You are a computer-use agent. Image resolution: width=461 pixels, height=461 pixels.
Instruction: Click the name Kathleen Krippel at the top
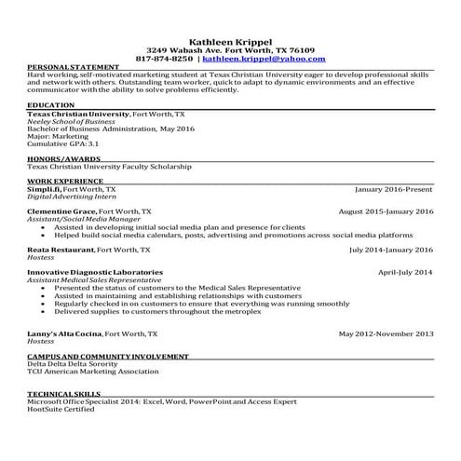(230, 42)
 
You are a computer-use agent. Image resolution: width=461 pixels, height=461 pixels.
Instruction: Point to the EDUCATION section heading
(51, 106)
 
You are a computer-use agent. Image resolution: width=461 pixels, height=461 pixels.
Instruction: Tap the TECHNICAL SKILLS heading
(62, 394)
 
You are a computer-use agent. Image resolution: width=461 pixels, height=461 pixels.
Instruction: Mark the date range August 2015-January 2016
(386, 211)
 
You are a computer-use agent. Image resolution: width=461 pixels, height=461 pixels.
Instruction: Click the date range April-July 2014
(405, 272)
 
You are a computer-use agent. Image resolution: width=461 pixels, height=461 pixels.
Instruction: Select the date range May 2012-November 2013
(386, 333)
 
